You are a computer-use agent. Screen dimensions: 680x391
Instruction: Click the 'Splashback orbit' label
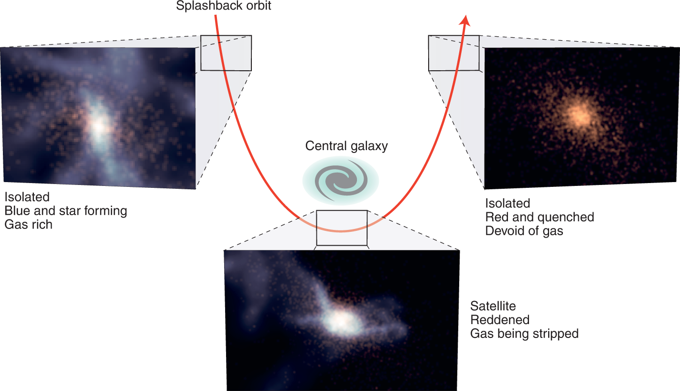(224, 6)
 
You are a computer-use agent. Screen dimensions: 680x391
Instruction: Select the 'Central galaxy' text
(346, 146)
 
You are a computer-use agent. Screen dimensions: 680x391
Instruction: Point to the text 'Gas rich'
(28, 224)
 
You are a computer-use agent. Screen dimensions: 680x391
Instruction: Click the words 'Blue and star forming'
(65, 210)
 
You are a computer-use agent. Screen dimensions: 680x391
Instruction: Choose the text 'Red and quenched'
(540, 217)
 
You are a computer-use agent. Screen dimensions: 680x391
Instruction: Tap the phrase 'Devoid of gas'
(524, 231)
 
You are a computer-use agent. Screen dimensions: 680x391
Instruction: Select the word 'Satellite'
(493, 305)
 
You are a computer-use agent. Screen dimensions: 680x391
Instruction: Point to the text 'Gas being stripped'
(524, 333)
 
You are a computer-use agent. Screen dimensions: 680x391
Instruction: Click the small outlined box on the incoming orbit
(226, 53)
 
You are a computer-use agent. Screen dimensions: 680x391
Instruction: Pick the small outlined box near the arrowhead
(453, 53)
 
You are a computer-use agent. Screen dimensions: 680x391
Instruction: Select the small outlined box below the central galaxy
(342, 228)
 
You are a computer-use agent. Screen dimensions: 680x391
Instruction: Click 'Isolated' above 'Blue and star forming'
(27, 196)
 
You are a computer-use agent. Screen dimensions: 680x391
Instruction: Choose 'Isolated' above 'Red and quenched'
(507, 203)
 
